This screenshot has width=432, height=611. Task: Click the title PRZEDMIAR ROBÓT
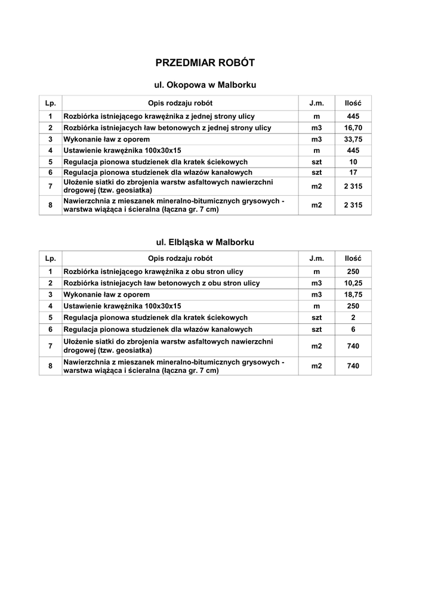tap(205, 63)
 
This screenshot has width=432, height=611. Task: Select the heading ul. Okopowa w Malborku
tap(205, 85)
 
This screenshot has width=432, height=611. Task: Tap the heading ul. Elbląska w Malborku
tap(205, 242)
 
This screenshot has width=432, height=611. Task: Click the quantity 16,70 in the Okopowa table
tap(353, 128)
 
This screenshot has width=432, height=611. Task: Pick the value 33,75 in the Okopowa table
tap(353, 139)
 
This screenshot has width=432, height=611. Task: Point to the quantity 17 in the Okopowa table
tap(353, 173)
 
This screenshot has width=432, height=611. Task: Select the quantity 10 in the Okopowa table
tap(353, 162)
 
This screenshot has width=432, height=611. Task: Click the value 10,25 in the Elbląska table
tap(353, 283)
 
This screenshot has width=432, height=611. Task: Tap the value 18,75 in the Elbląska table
tap(353, 295)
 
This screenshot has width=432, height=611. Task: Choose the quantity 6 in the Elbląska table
tap(353, 329)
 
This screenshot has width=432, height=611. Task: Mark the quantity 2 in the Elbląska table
tap(353, 317)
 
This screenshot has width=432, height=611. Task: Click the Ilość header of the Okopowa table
tap(353, 103)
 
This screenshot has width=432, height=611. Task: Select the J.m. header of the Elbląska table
tap(317, 258)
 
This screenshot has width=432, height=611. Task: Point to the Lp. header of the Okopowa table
tap(51, 103)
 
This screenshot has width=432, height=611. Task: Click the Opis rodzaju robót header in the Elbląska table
tap(180, 258)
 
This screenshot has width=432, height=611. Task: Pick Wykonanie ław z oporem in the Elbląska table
tap(107, 295)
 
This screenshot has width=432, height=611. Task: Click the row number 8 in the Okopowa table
tap(51, 206)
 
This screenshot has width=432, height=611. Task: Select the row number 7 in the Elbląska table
tap(51, 346)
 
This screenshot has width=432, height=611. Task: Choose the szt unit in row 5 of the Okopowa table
tap(317, 162)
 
